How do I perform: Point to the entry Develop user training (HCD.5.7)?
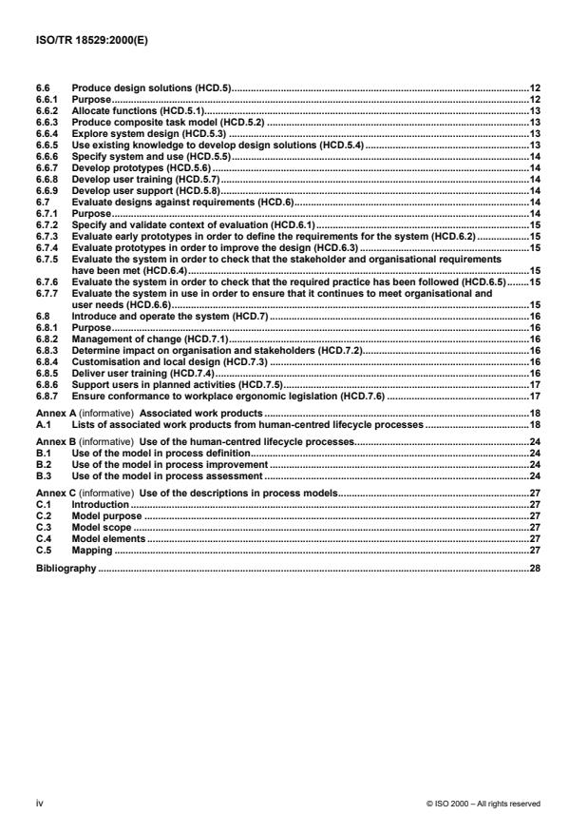[x=136, y=178]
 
